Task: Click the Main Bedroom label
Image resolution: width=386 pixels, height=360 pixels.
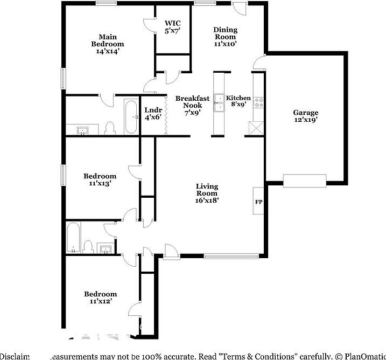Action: (107, 44)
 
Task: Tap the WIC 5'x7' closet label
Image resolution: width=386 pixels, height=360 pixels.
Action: (172, 27)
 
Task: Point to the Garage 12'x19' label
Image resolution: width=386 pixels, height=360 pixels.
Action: (305, 116)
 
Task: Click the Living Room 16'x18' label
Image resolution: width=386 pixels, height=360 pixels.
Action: (207, 193)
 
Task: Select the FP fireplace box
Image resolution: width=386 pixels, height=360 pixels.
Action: (258, 202)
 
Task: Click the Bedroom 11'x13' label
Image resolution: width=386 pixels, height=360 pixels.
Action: (100, 179)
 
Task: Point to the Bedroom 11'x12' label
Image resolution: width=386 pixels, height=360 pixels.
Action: (100, 297)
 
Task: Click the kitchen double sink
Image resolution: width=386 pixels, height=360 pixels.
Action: (219, 102)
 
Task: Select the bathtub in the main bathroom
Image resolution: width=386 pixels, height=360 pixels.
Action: (131, 116)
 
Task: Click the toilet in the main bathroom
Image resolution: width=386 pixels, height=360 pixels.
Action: (110, 127)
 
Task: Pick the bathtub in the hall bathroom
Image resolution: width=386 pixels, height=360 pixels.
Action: (73, 238)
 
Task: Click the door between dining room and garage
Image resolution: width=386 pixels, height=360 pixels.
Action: (258, 62)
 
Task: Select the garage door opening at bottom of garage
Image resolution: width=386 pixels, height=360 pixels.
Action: (305, 181)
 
